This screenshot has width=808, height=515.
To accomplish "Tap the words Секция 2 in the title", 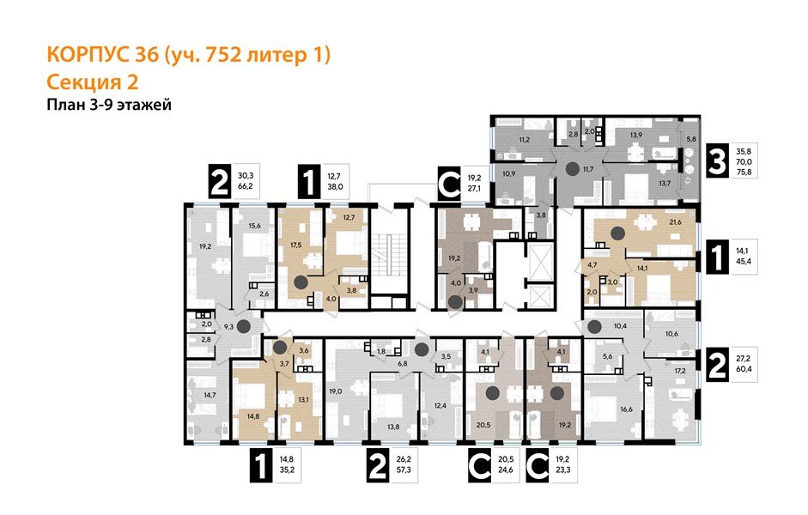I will pos(90,82).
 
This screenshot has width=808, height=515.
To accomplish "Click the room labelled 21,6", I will pos(675,222).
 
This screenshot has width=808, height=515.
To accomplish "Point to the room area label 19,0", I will pos(335,391).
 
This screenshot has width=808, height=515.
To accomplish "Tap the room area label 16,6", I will pos(624,410).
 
